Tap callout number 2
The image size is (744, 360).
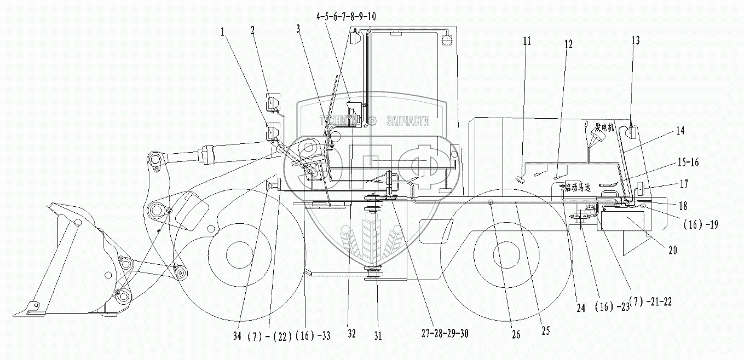click(252, 30)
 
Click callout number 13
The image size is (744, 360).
click(635, 40)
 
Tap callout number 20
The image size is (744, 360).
click(673, 251)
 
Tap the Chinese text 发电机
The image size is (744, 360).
click(603, 128)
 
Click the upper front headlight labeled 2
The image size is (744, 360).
click(273, 102)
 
